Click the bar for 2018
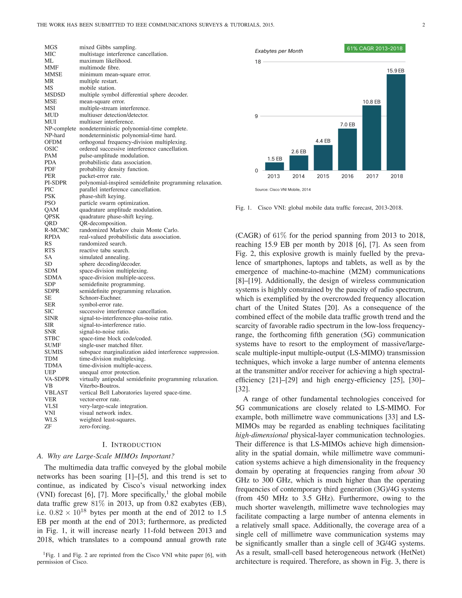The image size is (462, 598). [396, 122]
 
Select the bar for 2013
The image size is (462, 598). [275, 166]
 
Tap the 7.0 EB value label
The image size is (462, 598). [347, 125]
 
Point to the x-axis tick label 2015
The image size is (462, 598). [323, 176]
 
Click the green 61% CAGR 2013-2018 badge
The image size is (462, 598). [374, 49]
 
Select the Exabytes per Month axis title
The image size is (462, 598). [279, 51]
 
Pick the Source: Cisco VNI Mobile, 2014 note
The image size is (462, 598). [282, 190]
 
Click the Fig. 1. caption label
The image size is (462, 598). [243, 208]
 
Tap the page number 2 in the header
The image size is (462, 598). [423, 25]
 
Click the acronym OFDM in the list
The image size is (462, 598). [53, 142]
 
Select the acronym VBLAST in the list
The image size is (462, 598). [56, 393]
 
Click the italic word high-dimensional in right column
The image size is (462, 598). [262, 435]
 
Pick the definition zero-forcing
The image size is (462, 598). [95, 426]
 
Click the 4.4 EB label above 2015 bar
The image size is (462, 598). [323, 141]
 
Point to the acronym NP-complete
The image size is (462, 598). [60, 129]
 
